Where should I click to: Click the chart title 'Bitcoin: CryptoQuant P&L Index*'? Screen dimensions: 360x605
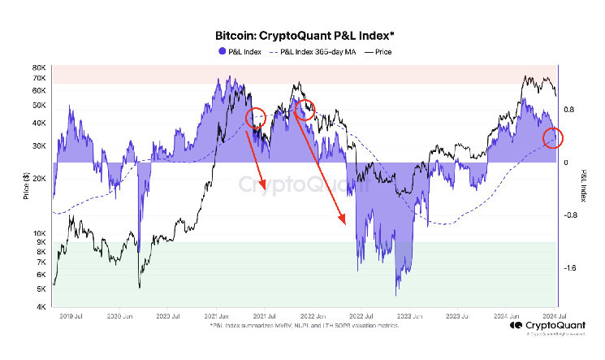[x=301, y=36]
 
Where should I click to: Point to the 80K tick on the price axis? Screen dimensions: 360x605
[x=38, y=67]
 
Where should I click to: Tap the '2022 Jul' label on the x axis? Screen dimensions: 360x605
[x=361, y=315]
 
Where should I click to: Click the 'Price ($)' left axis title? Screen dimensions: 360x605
[x=27, y=185]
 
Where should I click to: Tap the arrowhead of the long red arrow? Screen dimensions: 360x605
[x=344, y=221]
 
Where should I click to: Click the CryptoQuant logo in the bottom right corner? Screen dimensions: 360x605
[x=539, y=327]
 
